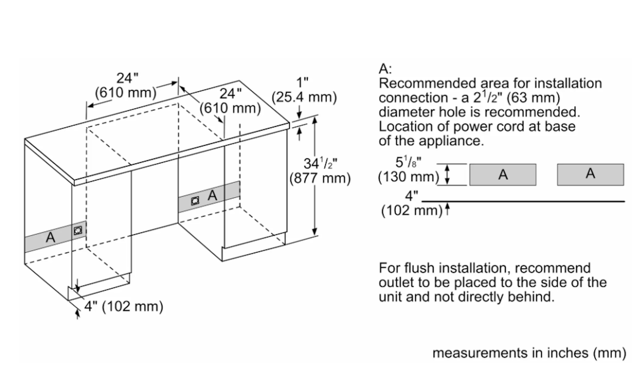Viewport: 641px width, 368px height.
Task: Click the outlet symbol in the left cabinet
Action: point(78,230)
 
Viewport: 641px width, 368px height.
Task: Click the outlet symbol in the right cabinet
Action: point(195,201)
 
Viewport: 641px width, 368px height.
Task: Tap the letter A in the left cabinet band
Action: point(50,237)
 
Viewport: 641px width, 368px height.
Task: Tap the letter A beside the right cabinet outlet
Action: point(213,195)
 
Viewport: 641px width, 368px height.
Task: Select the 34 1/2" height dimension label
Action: point(320,163)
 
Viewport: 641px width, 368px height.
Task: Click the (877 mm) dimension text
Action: point(320,178)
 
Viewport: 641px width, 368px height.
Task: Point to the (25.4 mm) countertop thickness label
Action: point(304,97)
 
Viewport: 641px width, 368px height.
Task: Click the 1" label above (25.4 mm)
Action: point(302,83)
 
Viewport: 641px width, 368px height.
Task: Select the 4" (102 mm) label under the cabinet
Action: point(123,307)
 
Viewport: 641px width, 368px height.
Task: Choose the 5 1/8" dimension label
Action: point(408,162)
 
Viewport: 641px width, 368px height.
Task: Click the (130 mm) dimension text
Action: point(408,177)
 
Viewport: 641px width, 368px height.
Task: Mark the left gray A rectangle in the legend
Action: point(503,174)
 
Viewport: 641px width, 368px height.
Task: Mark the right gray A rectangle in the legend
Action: point(590,174)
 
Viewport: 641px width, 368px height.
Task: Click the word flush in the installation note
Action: point(417,268)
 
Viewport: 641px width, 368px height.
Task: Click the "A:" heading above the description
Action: point(385,69)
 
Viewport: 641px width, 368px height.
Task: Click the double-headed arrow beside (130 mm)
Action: point(448,174)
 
